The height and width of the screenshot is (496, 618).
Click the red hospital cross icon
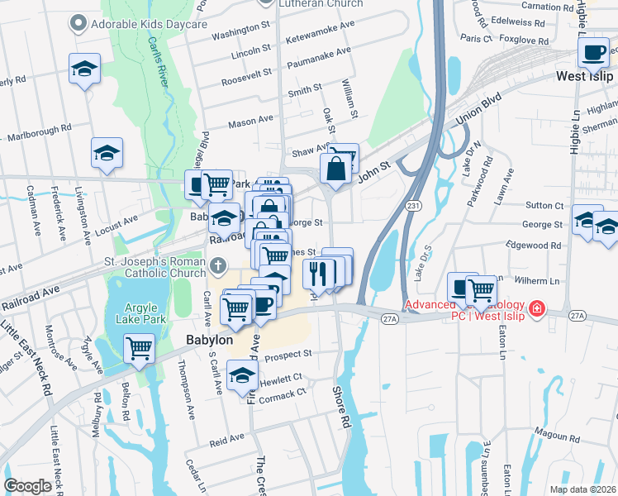tap(537, 308)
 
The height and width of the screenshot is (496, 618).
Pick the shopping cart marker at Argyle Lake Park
tap(139, 348)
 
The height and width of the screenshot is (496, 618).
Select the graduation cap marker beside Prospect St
tap(242, 374)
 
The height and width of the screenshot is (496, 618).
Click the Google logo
tap(28, 486)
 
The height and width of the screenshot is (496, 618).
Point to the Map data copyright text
tap(582, 489)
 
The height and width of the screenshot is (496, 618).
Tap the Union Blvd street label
tap(478, 109)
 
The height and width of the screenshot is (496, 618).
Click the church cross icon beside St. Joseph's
tap(217, 265)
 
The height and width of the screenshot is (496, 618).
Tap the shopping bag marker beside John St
tap(337, 169)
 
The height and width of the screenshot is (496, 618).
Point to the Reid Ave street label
tap(226, 438)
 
